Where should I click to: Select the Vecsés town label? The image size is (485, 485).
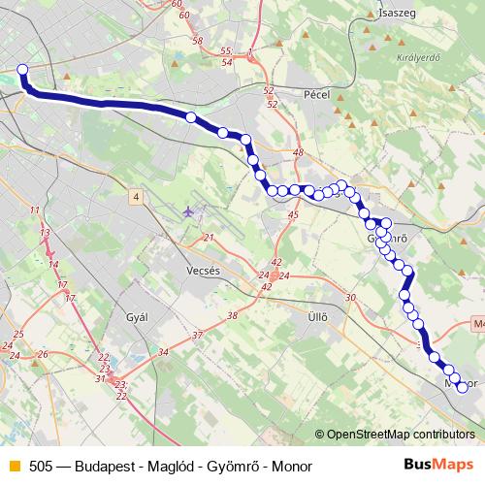click(x=205, y=272)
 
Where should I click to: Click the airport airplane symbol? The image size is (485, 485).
click(x=187, y=210)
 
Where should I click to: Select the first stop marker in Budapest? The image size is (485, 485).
click(x=23, y=69)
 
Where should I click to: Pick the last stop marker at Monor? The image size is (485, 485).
click(x=462, y=388)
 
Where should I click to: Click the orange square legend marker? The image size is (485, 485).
click(x=13, y=465)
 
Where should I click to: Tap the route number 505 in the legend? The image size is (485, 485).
click(x=40, y=465)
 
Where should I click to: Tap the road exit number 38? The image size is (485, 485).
click(x=232, y=316)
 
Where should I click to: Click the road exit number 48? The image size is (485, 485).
click(x=298, y=153)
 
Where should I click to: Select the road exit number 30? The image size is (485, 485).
click(x=350, y=298)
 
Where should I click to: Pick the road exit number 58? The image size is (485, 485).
click(x=198, y=41)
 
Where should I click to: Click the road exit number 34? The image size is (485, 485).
click(x=163, y=351)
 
